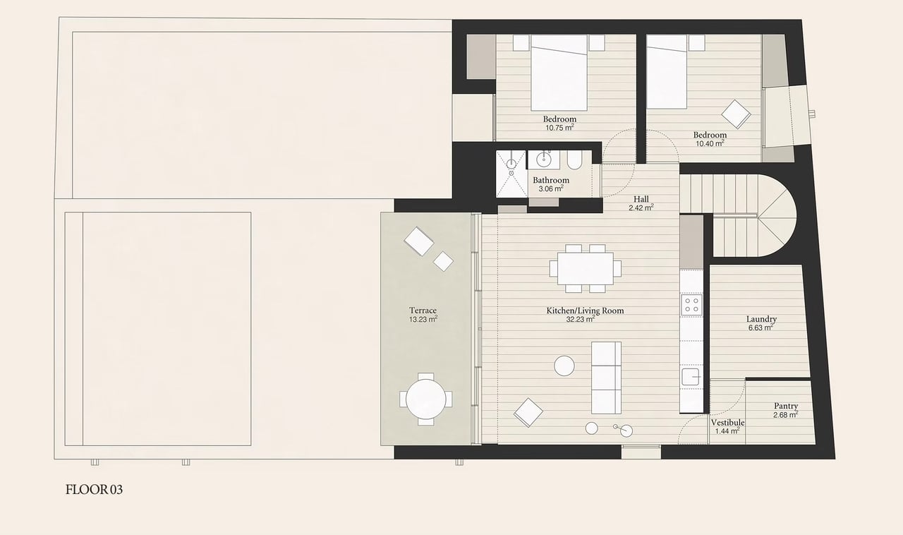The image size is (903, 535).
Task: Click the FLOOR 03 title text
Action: (x=94, y=489)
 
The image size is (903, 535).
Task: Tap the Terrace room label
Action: (x=423, y=311)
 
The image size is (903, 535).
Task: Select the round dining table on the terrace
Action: (x=426, y=399)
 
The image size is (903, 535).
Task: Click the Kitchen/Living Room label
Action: (x=585, y=311)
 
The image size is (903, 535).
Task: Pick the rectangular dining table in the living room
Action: (x=586, y=268)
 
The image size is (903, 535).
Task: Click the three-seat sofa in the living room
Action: (x=606, y=377)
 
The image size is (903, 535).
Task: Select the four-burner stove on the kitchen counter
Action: (x=691, y=305)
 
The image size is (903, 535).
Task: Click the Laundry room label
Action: (x=761, y=319)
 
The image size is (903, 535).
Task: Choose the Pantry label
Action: (x=785, y=406)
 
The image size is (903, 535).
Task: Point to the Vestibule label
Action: (x=727, y=422)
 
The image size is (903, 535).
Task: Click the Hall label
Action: (x=641, y=199)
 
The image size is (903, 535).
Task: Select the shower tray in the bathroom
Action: (x=511, y=174)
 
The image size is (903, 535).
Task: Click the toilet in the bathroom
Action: (x=573, y=162)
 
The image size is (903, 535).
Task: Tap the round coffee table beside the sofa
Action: (x=564, y=365)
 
